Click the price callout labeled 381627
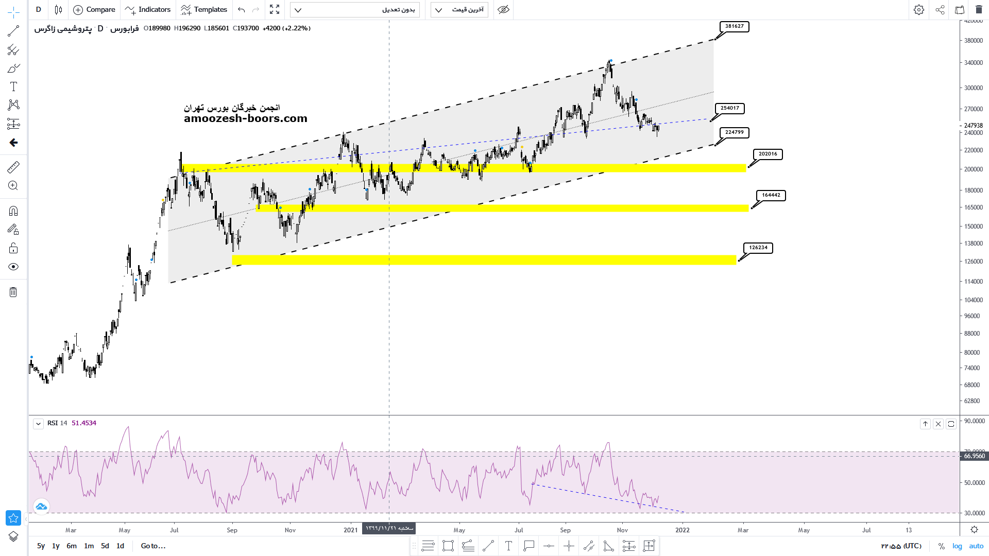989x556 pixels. pos(734,26)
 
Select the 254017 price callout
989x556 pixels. pos(729,108)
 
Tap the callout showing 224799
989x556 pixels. pos(734,132)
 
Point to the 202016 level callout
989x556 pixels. pos(768,154)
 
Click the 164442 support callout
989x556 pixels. pos(771,195)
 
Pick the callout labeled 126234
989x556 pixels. pos(758,248)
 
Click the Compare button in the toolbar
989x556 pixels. pos(94,10)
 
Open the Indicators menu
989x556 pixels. pos(148,10)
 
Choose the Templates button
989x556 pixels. pos(204,10)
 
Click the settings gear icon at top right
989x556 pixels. pos(918,10)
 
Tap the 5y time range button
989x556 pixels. pos(41,546)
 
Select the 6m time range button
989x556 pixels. pos(72,546)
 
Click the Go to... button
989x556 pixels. pos(153,546)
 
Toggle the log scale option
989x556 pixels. pos(957,546)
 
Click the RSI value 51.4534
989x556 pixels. pos(84,423)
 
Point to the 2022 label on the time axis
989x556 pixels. pos(683,530)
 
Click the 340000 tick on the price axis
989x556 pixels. pos(974,63)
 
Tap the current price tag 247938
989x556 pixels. pos(973,126)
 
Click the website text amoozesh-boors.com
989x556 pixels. pos(246,118)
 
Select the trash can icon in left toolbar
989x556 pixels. pos(13,292)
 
